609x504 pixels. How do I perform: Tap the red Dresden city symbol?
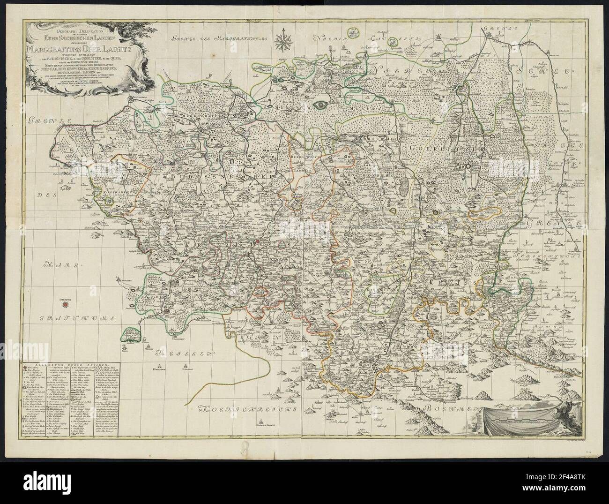(65, 305)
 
